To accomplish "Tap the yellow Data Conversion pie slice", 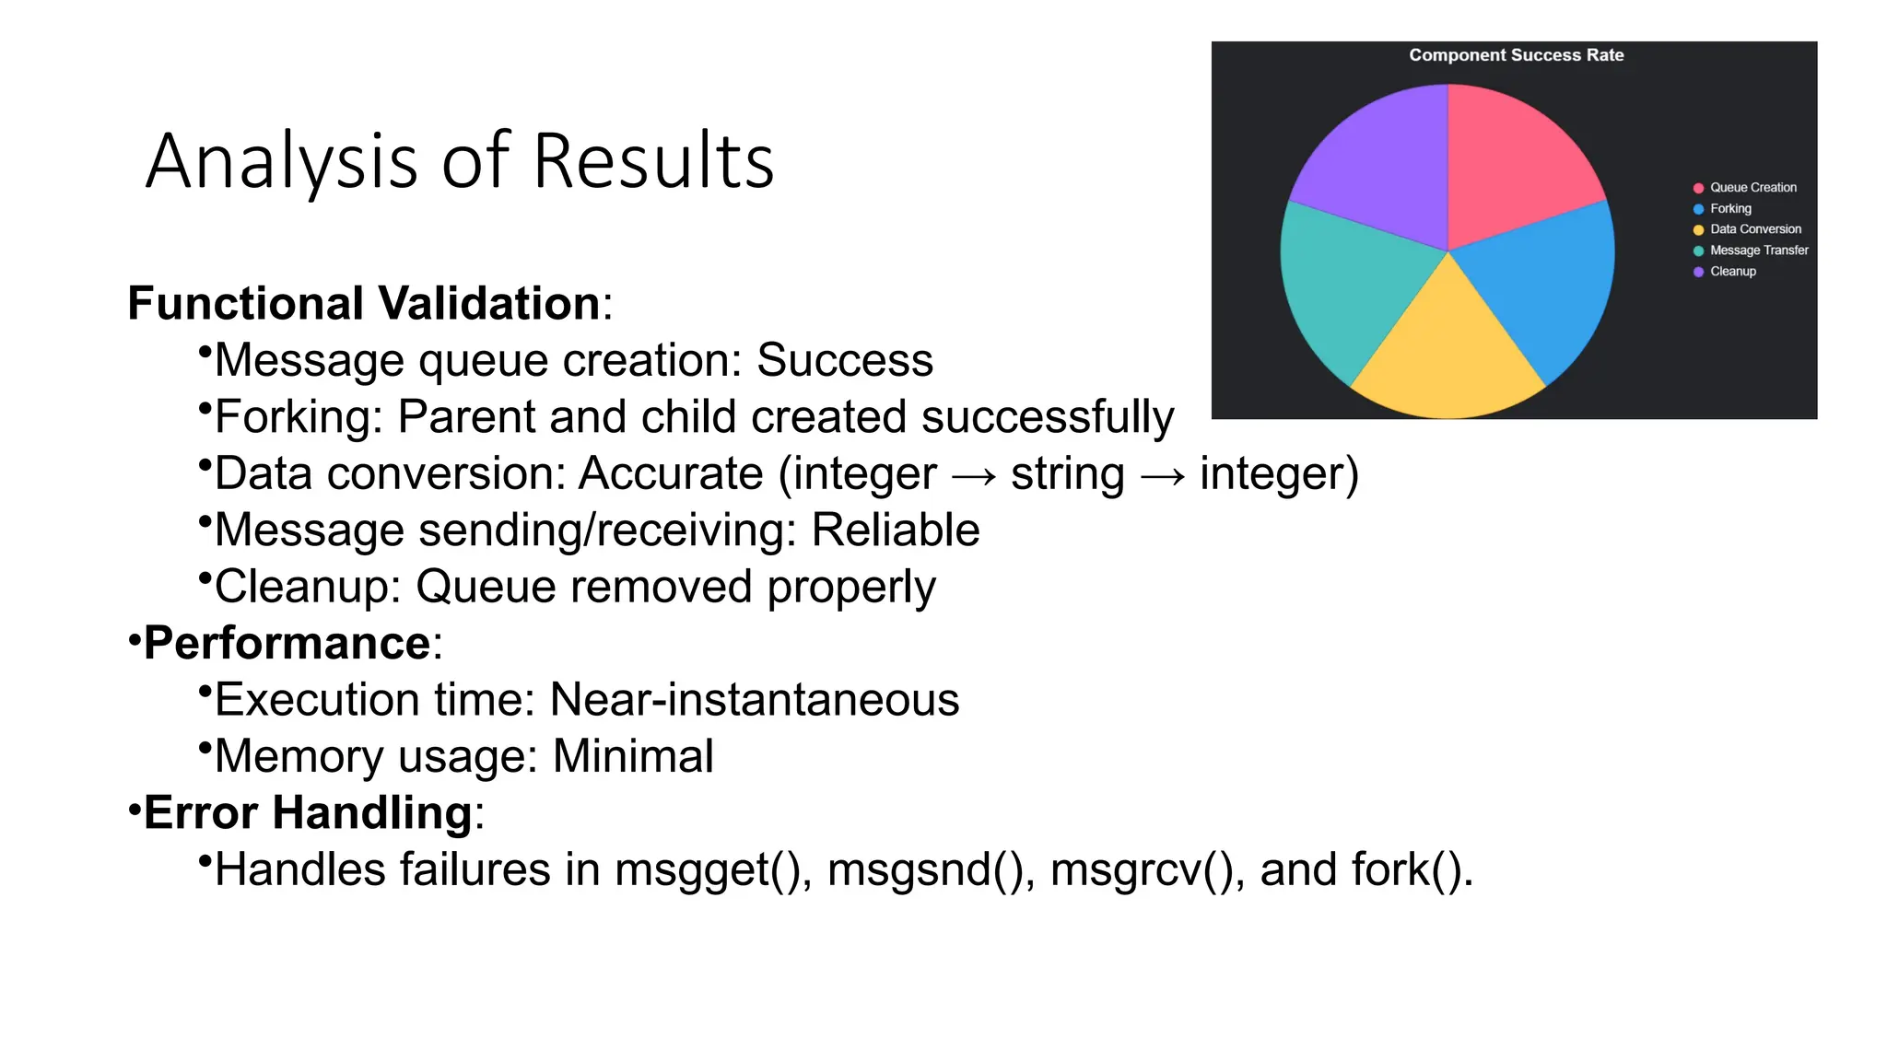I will [x=1447, y=359].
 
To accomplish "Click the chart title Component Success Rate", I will [x=1516, y=55].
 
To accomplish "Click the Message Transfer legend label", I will [x=1759, y=251].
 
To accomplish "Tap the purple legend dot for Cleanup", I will [x=1698, y=272].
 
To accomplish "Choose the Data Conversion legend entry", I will [x=1755, y=229].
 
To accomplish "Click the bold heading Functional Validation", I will [x=364, y=303].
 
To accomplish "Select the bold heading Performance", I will [x=287, y=643].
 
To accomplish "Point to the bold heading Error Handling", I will [x=308, y=813].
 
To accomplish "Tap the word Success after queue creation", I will [x=844, y=360].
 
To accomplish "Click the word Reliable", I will [x=895, y=530].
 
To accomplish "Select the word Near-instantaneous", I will [x=754, y=700].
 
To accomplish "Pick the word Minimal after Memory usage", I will [x=632, y=757].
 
